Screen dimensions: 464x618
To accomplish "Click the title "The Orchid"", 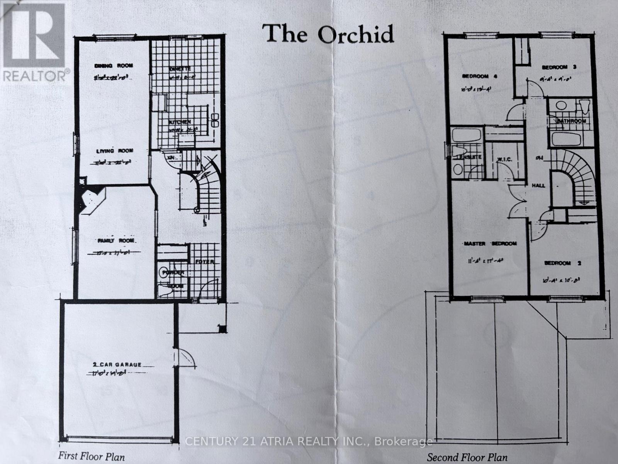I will pos(328,34).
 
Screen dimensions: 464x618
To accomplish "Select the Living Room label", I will pos(115,151).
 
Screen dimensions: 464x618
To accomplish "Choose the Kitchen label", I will pos(179,122).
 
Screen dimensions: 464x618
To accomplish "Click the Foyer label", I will pos(204,262).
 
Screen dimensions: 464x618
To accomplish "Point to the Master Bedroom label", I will pos(490,244).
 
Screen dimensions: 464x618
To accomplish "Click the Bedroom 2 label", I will pos(563,263).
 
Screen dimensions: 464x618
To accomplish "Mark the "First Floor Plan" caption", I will pos(92,456).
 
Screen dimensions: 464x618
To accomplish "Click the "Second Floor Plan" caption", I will pos(467,456).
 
